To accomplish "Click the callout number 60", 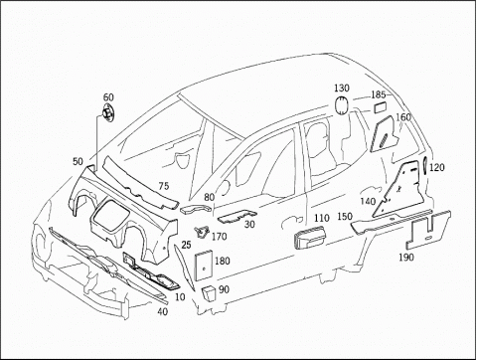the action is coord(108,97).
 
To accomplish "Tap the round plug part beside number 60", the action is coord(107,113).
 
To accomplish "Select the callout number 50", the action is coord(78,161).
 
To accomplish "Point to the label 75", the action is coord(164,186).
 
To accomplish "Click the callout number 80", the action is coord(210,198).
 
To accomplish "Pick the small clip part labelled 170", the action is coord(201,231).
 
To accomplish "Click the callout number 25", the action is coord(187,245).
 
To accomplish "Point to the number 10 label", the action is coord(180,297).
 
